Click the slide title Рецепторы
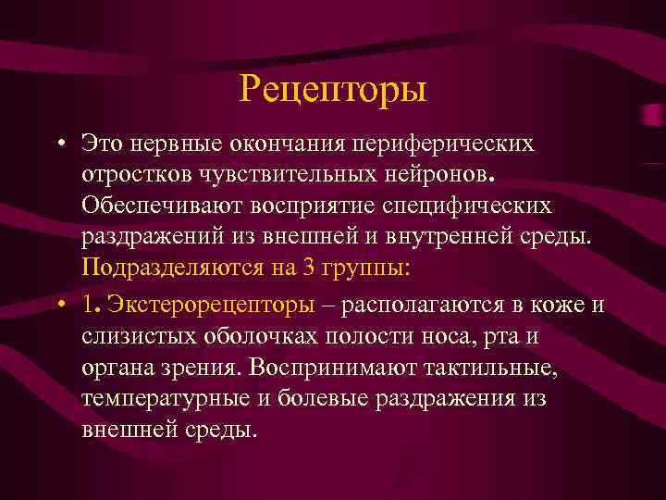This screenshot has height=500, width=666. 333,90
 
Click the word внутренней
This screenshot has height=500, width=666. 428,235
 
